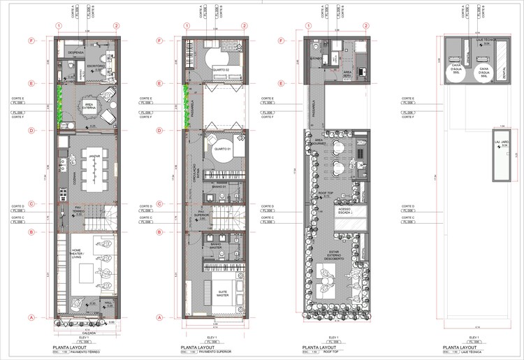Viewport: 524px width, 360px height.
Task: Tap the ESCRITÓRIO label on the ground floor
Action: pyautogui.click(x=96, y=66)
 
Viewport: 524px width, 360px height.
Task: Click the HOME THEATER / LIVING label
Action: pyautogui.click(x=77, y=254)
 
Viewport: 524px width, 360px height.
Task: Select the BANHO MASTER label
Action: pyautogui.click(x=216, y=245)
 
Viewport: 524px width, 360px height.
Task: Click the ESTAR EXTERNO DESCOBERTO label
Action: pyautogui.click(x=330, y=258)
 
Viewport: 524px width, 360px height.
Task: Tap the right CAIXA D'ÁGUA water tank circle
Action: pyautogui.click(x=483, y=71)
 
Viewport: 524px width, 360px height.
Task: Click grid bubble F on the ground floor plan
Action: pyautogui.click(x=31, y=41)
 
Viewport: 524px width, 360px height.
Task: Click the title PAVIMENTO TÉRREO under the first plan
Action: pyautogui.click(x=82, y=353)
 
